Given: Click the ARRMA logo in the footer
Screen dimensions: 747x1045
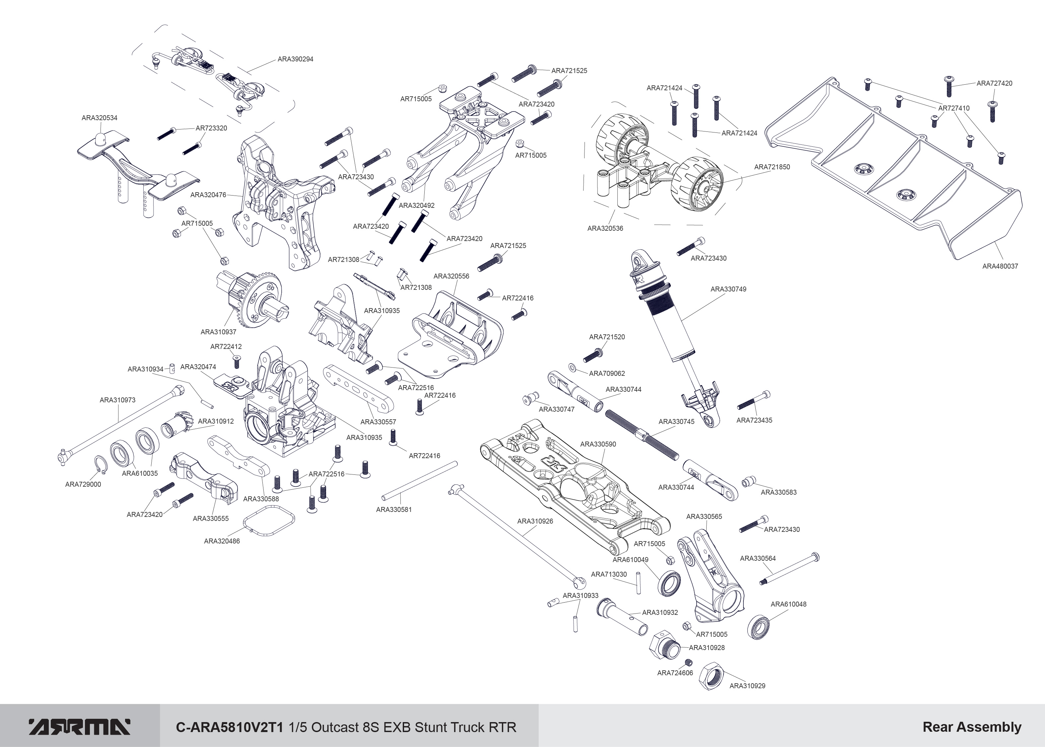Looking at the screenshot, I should [80, 727].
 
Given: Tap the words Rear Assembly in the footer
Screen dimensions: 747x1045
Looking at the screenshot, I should [971, 727].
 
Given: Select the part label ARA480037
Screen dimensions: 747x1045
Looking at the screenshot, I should [1000, 266].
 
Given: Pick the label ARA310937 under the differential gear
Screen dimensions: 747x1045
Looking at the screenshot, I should [218, 332].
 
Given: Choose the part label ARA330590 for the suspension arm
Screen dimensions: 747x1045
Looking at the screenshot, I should [598, 444].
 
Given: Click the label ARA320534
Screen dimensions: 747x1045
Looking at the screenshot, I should [99, 118].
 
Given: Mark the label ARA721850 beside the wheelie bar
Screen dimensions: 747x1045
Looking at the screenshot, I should [772, 167].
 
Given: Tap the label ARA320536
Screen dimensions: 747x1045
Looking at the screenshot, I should [605, 228].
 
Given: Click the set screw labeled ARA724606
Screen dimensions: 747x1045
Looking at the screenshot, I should [688, 662].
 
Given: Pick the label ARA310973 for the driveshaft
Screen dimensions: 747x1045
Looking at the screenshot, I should [118, 400].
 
